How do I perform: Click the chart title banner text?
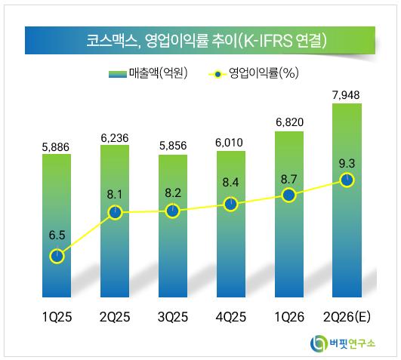click(206, 40)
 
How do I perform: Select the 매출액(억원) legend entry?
click(148, 73)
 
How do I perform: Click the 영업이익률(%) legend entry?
click(254, 73)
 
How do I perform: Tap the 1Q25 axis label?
click(57, 317)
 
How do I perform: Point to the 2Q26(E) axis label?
click(347, 317)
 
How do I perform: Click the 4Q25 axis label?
click(231, 317)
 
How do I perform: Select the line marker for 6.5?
click(57, 257)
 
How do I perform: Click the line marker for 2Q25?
click(115, 212)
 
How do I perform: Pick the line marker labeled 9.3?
click(347, 180)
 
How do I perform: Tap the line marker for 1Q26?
click(289, 195)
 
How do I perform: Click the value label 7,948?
click(346, 95)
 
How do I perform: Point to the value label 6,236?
click(115, 138)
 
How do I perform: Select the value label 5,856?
click(173, 146)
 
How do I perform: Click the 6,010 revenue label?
click(229, 143)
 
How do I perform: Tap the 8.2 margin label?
click(173, 193)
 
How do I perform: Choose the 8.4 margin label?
click(230, 183)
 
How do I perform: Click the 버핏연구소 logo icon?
click(319, 343)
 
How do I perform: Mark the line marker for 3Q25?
click(173, 211)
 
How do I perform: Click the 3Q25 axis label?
click(173, 317)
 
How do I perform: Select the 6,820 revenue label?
click(289, 122)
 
